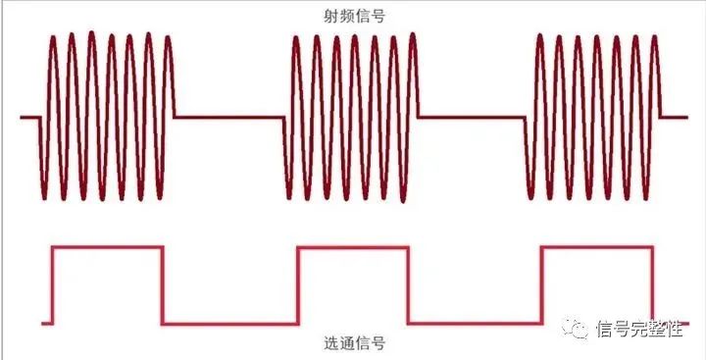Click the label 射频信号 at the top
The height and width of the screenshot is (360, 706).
pyautogui.click(x=353, y=16)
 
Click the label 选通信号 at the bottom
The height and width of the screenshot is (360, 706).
pyautogui.click(x=353, y=344)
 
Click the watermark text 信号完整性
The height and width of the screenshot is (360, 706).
pyautogui.click(x=638, y=328)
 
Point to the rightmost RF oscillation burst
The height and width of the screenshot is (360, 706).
pyautogui.click(x=594, y=117)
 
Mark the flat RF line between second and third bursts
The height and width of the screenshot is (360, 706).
pyautogui.click(x=473, y=118)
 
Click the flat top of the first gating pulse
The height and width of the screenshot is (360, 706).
pyautogui.click(x=108, y=248)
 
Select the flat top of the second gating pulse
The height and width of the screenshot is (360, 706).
pyautogui.click(x=352, y=248)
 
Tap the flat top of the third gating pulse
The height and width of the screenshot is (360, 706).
pyautogui.click(x=596, y=248)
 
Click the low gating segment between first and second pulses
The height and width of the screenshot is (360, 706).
pyautogui.click(x=229, y=323)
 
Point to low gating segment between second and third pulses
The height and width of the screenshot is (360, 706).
pyautogui.click(x=474, y=323)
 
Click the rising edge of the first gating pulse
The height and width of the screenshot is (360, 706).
pyautogui.click(x=53, y=285)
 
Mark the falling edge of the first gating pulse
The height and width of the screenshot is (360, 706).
pyautogui.click(x=162, y=285)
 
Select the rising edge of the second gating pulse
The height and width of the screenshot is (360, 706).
pyautogui.click(x=297, y=285)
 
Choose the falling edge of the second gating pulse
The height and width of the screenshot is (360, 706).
pyautogui.click(x=407, y=285)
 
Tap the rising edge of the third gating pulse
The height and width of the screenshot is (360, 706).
pyautogui.click(x=541, y=285)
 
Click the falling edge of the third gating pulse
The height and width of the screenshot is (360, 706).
pyautogui.click(x=651, y=285)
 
